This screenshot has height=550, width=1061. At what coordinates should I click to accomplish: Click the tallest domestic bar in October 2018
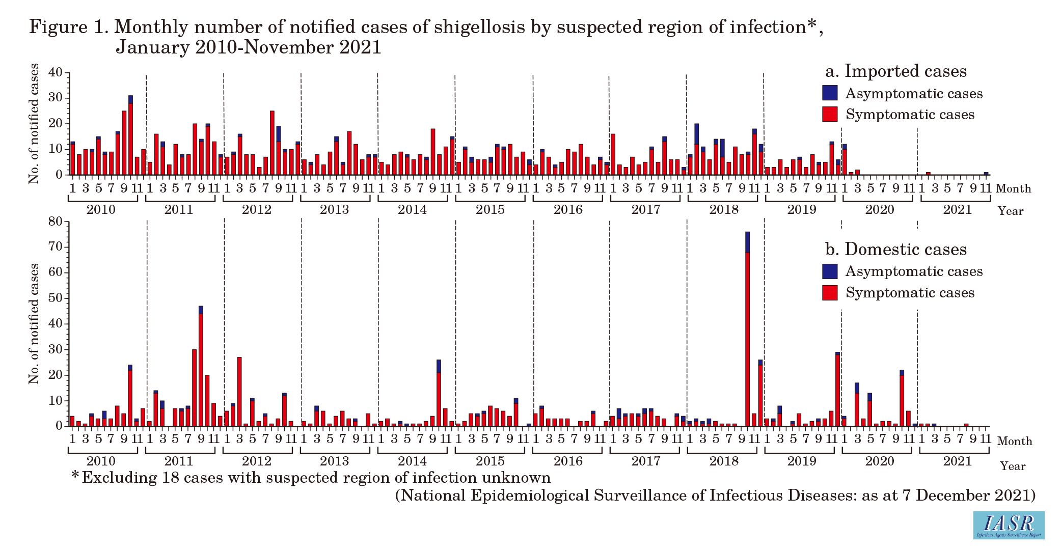pyautogui.click(x=747, y=331)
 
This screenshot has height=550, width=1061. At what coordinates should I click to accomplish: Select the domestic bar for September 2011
pyautogui.click(x=201, y=367)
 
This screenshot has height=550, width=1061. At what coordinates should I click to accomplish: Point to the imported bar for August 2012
pyautogui.click(x=272, y=143)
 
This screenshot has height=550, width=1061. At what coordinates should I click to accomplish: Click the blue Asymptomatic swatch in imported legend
pyautogui.click(x=830, y=93)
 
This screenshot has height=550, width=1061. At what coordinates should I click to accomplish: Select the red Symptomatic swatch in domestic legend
pyautogui.click(x=830, y=293)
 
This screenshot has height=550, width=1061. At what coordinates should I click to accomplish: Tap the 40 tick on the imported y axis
pyautogui.click(x=56, y=73)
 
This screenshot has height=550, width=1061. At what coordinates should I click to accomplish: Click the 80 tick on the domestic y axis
pyautogui.click(x=56, y=222)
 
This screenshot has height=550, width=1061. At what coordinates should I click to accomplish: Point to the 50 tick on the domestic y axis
pyautogui.click(x=56, y=298)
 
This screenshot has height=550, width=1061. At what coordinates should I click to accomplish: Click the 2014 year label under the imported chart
pyautogui.click(x=412, y=210)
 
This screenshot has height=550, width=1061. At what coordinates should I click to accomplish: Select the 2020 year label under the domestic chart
pyautogui.click(x=880, y=461)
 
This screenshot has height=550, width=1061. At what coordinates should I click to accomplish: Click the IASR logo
pyautogui.click(x=1009, y=525)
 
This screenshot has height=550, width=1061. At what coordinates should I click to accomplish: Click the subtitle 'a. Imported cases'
pyautogui.click(x=895, y=71)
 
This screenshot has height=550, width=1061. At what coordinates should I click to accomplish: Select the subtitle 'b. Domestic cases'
pyautogui.click(x=895, y=250)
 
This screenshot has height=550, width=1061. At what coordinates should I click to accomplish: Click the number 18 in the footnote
pyautogui.click(x=172, y=478)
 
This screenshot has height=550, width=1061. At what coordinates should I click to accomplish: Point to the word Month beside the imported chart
pyautogui.click(x=1013, y=189)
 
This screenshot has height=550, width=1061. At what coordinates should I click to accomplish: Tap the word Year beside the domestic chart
pyautogui.click(x=1012, y=466)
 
